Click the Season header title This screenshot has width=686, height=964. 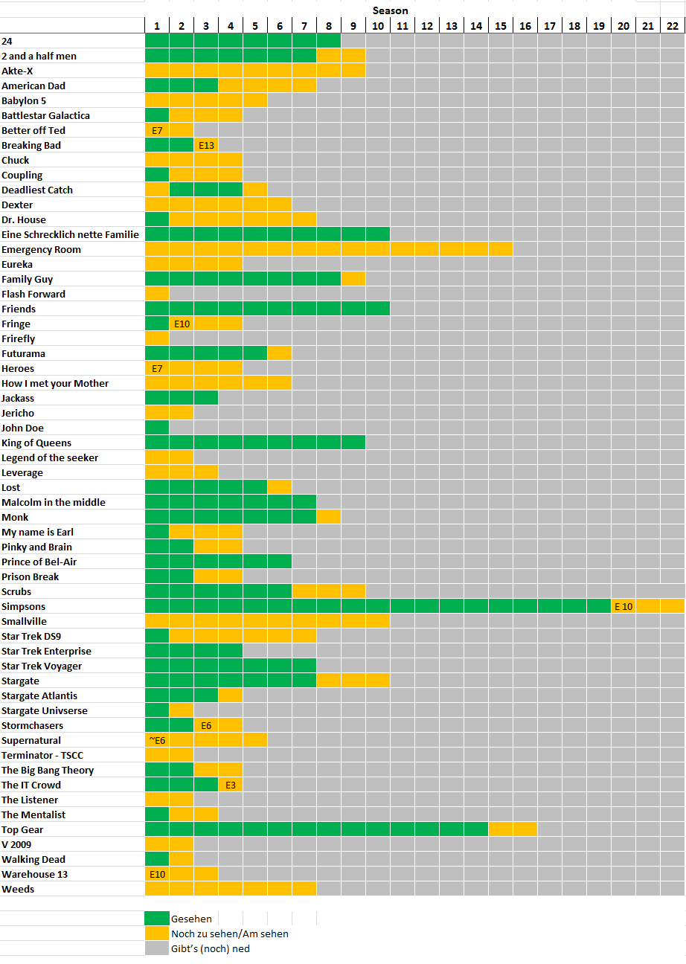point(391,10)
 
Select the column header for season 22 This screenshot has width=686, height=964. point(673,26)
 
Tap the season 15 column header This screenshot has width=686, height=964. point(501,26)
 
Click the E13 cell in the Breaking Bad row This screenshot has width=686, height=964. point(206,145)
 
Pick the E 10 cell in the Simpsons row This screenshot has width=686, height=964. point(624,606)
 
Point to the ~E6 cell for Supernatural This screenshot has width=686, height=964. point(157,740)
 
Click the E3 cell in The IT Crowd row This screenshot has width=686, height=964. point(231,785)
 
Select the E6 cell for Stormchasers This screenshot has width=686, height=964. point(206,725)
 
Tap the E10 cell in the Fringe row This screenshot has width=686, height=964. point(182,324)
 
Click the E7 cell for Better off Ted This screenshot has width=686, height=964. point(157,130)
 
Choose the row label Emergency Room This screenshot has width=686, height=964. point(41,249)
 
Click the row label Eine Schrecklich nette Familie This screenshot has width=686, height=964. point(70,234)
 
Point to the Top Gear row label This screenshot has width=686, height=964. point(22,829)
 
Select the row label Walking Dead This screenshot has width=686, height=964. point(33,859)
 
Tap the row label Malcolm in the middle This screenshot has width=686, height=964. point(54,502)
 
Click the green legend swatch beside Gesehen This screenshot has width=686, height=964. point(157,919)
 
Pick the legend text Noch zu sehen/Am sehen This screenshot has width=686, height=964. point(230,934)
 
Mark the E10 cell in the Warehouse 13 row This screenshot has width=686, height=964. point(157,874)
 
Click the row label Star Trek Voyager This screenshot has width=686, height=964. point(42,666)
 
